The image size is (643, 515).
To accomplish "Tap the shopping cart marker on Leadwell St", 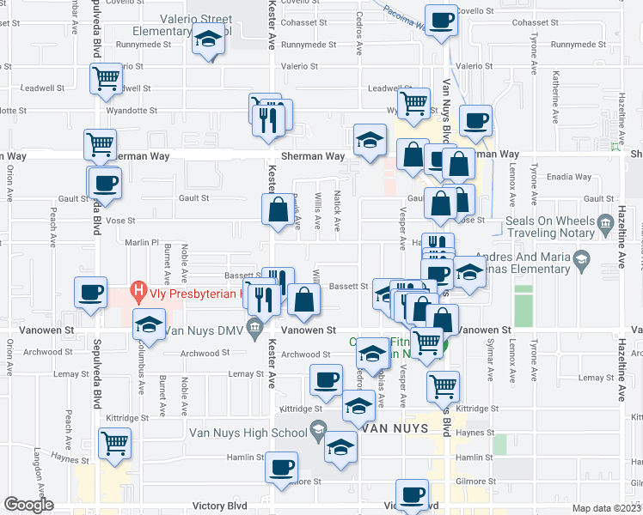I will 106,79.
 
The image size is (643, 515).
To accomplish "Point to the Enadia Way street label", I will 572,177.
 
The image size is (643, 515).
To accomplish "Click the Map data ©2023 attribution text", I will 606,508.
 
